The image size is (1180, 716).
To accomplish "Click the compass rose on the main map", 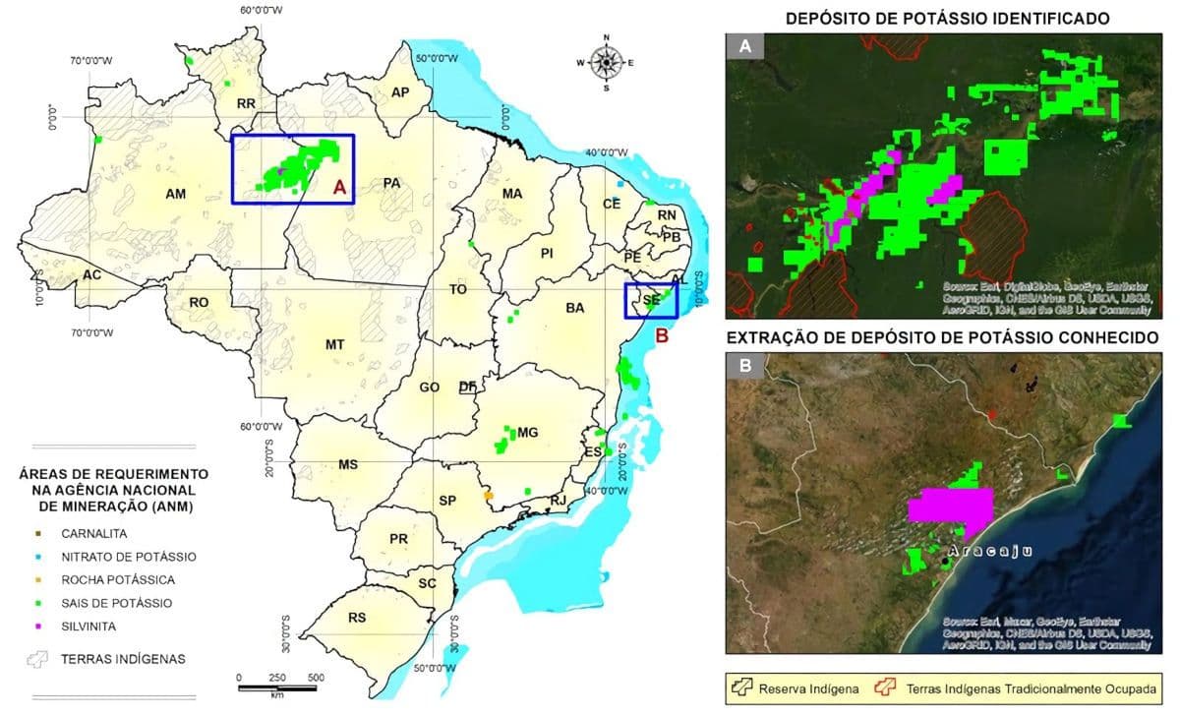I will (x=606, y=63).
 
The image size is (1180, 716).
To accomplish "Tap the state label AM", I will (x=176, y=194).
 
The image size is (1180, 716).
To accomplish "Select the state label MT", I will (x=334, y=344).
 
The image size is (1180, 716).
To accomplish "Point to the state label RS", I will (x=357, y=618).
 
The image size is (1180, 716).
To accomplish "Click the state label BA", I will (x=575, y=308).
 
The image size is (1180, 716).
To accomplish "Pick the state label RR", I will (x=246, y=102).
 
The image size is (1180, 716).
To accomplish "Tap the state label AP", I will (x=400, y=91).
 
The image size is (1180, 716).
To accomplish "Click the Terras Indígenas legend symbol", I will (x=38, y=659).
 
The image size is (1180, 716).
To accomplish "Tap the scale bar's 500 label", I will (x=317, y=678).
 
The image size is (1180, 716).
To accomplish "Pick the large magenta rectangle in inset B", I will (x=951, y=506).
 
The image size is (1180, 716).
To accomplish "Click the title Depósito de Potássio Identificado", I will (x=947, y=18).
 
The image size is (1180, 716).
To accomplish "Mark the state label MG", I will (x=528, y=433).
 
